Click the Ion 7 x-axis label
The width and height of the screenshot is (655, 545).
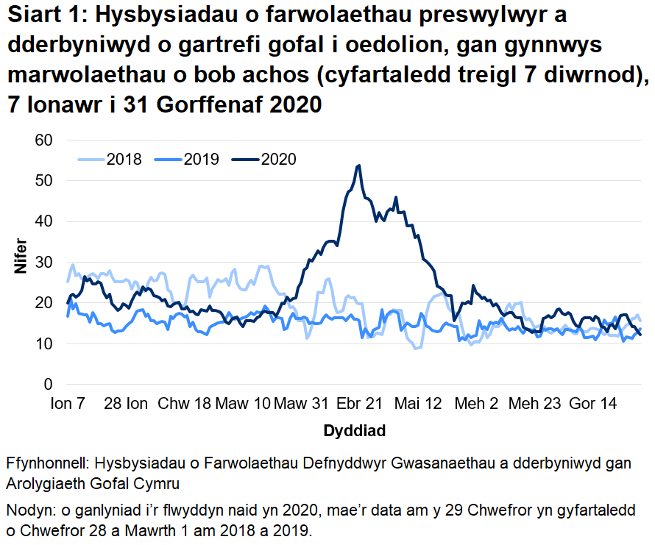tap(68, 404)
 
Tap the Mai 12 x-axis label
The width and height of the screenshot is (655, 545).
tap(419, 404)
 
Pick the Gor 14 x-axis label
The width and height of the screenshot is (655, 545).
tap(593, 404)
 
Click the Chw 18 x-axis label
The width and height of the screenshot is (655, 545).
tap(185, 404)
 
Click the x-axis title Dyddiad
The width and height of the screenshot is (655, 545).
tap(354, 431)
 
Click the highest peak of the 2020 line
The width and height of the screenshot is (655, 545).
tap(358, 165)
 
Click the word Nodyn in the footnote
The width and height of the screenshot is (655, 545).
tap(29, 511)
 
